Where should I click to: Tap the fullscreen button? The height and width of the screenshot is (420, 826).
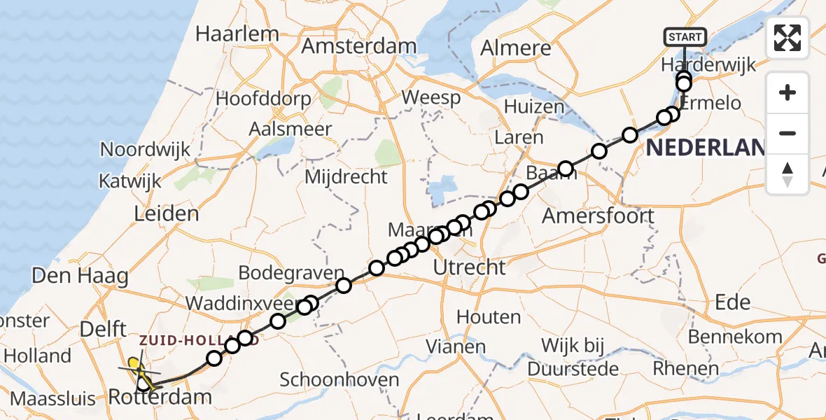pyautogui.click(x=787, y=38)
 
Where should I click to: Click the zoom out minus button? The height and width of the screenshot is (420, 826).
pyautogui.click(x=787, y=133)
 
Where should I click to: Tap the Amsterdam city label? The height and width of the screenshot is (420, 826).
pyautogui.click(x=359, y=46)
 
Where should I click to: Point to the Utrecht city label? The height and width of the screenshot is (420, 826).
pyautogui.click(x=469, y=267)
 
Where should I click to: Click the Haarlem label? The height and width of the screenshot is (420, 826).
pyautogui.click(x=237, y=34)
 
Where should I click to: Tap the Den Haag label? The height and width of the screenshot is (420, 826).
pyautogui.click(x=80, y=276)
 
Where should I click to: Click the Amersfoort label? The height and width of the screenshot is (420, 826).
pyautogui.click(x=598, y=216)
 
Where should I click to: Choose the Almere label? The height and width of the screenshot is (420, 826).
pyautogui.click(x=516, y=48)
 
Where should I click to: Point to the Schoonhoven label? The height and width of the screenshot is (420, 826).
pyautogui.click(x=339, y=380)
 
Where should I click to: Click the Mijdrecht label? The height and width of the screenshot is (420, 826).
pyautogui.click(x=346, y=177)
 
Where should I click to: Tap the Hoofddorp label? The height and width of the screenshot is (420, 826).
pyautogui.click(x=263, y=99)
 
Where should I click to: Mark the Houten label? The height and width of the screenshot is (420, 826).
pyautogui.click(x=489, y=317)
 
